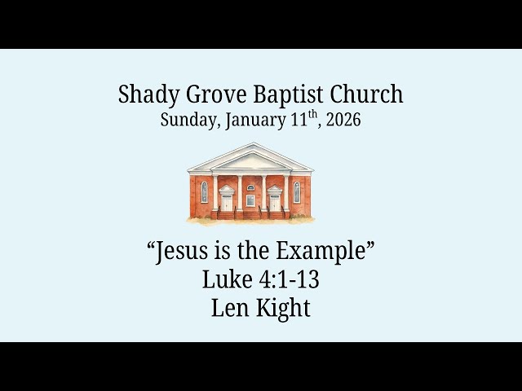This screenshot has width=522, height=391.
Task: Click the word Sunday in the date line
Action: point(187,121)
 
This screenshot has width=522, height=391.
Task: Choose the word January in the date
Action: point(249,121)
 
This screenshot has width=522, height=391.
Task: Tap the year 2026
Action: point(343,121)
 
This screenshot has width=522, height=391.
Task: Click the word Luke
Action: point(228,280)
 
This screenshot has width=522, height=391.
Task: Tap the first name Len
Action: point(228,309)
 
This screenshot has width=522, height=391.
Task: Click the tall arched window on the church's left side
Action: point(204,192)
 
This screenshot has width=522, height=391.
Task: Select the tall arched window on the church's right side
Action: point(297,192)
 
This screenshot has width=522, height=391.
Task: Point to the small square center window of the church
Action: point(250,200)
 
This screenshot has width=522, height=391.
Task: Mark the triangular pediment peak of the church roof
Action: point(250,150)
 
